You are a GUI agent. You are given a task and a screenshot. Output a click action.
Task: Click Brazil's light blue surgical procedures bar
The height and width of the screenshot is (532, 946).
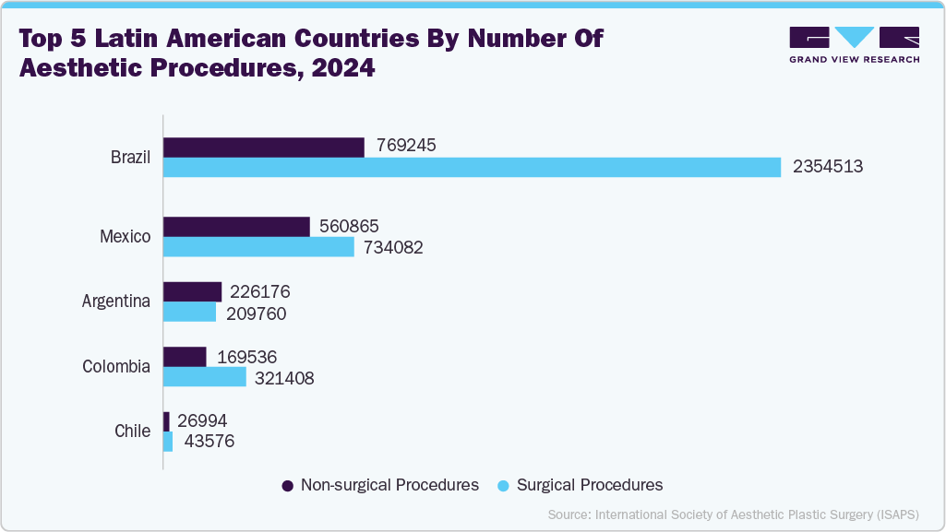pyautogui.click(x=473, y=167)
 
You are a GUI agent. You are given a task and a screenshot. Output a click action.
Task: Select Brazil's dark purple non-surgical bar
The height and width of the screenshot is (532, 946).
pyautogui.click(x=264, y=147)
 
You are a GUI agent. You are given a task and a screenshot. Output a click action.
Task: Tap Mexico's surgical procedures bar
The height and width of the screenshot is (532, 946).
pyautogui.click(x=258, y=247)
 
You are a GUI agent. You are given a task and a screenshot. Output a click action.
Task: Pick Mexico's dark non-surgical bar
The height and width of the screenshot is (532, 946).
pyautogui.click(x=236, y=227)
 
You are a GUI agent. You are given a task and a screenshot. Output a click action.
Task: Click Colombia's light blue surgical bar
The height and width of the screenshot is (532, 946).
pyautogui.click(x=205, y=377)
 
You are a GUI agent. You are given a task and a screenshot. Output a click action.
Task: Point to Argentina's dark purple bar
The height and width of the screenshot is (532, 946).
pyautogui.click(x=193, y=291)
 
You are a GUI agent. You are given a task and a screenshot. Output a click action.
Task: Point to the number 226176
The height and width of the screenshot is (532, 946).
pyautogui.click(x=259, y=291)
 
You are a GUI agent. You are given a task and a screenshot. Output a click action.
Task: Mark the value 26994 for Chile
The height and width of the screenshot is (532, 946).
pyautogui.click(x=202, y=420)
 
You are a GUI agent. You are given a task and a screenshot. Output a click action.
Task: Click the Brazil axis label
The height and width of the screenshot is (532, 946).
pyautogui.click(x=130, y=157)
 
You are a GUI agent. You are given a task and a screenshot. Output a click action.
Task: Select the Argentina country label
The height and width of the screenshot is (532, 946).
pyautogui.click(x=116, y=301)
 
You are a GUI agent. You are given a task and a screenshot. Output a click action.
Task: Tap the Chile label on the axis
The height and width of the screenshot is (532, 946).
pyautogui.click(x=132, y=431)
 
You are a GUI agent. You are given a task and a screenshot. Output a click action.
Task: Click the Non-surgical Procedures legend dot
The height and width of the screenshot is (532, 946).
pyautogui.click(x=287, y=486)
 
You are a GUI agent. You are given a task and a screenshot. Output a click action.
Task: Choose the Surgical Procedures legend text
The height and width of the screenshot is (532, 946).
pyautogui.click(x=590, y=485)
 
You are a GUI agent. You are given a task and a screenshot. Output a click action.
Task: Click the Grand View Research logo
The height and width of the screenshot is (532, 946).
pyautogui.click(x=854, y=44)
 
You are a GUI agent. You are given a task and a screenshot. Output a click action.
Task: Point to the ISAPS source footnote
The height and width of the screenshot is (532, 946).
pyautogui.click(x=733, y=514)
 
